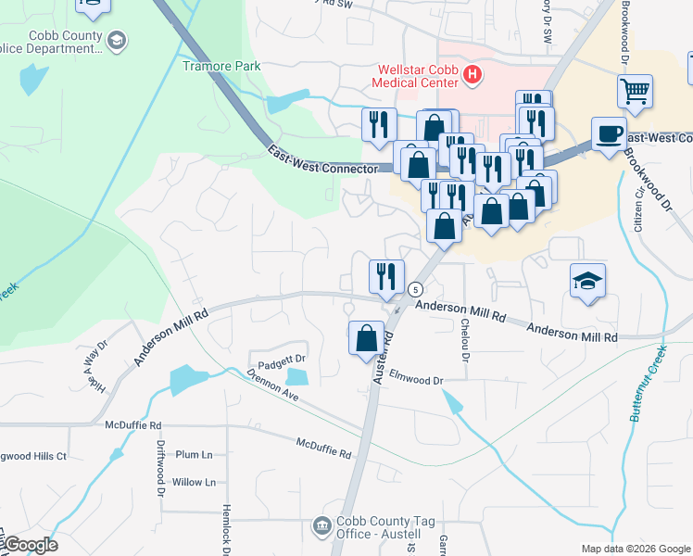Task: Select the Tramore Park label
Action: point(221,66)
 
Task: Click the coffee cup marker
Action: point(609,133)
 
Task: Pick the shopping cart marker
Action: point(636,91)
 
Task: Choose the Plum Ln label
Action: point(194,455)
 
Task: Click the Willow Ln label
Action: point(194,482)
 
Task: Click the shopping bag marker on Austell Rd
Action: point(367,337)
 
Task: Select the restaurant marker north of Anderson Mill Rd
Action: point(385,275)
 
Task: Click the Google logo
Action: point(31,545)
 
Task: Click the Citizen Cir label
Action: point(637,215)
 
